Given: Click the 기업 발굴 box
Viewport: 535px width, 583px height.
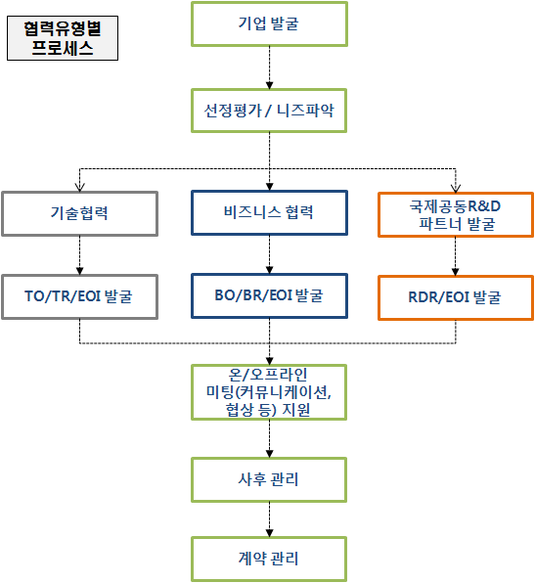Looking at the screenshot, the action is point(269,24).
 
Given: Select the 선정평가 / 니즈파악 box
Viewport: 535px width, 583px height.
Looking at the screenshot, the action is point(269,111).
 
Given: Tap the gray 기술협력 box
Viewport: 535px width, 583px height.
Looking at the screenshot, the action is point(79,214).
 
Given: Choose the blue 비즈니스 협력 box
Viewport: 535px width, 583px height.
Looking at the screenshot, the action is point(269,212).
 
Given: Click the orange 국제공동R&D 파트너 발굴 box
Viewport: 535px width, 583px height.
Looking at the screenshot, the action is point(456,214).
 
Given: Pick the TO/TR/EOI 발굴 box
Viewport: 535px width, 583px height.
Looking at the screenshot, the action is point(79,297).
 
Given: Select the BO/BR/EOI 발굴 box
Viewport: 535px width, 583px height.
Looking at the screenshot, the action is point(269,296).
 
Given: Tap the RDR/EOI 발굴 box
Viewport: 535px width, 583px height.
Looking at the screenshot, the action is point(456,297).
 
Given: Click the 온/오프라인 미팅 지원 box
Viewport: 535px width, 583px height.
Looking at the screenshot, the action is point(269,392).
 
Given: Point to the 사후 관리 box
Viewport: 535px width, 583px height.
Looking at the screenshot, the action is point(269,479).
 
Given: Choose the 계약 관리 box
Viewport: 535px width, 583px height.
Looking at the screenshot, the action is point(269,559).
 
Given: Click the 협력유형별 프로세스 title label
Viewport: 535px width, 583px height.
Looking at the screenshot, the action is point(63,38).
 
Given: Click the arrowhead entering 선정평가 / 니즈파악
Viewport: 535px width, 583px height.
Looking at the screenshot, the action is point(270,85).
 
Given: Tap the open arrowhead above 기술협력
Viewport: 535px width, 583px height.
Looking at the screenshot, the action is point(79,187).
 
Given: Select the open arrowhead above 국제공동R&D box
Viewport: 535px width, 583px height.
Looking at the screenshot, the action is point(456,188).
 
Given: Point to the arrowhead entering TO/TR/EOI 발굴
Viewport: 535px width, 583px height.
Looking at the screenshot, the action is point(79,271).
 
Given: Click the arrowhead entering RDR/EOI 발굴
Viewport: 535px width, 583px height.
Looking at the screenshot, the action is point(456,272).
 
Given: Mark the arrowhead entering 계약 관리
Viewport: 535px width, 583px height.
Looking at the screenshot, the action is point(270,533).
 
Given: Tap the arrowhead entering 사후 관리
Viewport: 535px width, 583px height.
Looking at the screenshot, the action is point(270,454).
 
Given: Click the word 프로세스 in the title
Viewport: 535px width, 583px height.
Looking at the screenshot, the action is point(63,48).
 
